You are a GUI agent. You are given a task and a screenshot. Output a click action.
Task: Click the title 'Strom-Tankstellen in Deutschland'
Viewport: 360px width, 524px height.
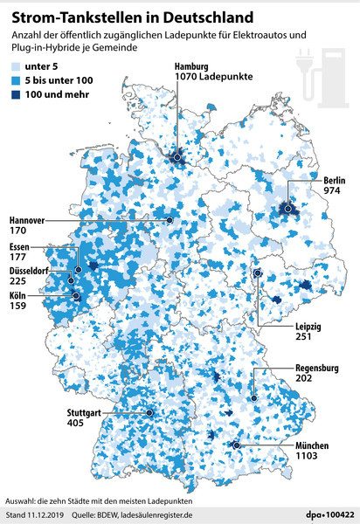126,16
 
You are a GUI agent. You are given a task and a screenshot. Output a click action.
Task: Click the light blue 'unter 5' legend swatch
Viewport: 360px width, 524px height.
15,65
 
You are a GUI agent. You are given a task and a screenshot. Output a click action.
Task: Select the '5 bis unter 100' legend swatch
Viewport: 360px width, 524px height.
15,80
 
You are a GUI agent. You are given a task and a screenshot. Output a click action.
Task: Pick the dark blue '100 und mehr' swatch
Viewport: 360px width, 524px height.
15,95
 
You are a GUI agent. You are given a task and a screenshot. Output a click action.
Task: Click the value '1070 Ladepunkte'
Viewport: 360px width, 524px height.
214,78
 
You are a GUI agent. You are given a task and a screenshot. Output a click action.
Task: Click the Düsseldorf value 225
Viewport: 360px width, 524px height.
18,282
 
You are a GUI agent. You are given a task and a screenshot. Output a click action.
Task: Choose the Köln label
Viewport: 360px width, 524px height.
18,296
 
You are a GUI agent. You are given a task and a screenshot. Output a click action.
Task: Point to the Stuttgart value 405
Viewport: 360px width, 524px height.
75,422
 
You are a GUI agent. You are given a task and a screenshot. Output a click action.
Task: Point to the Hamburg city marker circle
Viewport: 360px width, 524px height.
178,157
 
